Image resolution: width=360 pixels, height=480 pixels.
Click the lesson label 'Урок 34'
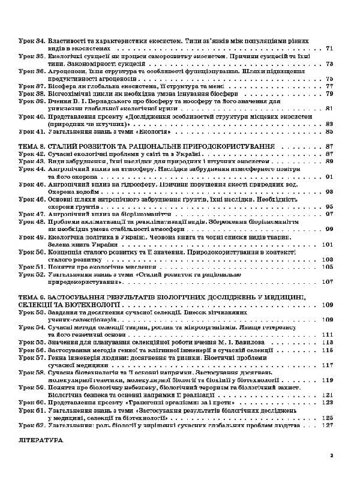point(32,40)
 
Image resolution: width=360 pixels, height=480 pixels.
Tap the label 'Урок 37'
point(32,86)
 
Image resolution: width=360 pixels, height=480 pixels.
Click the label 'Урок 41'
point(32,131)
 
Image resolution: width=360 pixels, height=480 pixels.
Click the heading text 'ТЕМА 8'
point(33,146)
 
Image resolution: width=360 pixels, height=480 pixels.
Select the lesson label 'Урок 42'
point(32,154)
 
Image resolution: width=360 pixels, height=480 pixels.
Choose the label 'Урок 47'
point(32,214)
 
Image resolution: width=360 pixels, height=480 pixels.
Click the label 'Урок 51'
point(32,266)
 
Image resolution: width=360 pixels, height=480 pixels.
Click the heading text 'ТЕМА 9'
point(33,297)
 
